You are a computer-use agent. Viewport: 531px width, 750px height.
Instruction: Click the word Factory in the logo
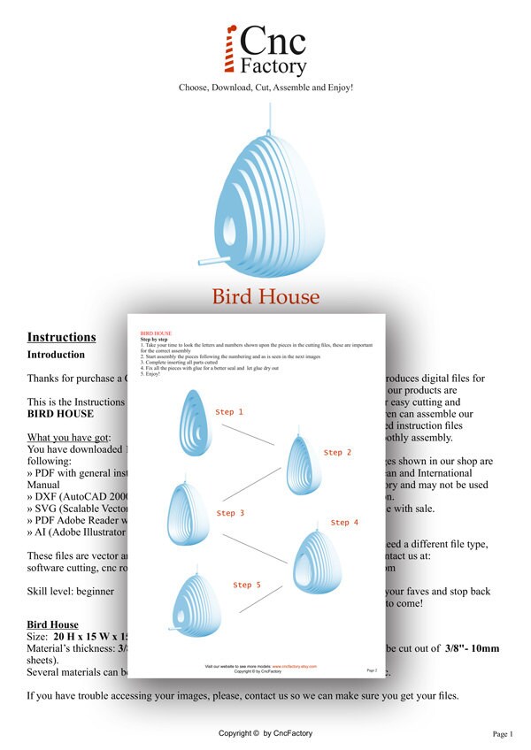(x=273, y=65)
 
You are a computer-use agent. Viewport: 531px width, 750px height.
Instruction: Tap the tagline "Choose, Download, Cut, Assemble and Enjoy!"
(x=265, y=88)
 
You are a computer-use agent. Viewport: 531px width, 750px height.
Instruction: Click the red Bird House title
(x=265, y=295)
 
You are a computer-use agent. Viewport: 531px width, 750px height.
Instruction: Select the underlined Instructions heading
(x=61, y=337)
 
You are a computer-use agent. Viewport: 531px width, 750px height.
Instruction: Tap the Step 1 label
(x=229, y=412)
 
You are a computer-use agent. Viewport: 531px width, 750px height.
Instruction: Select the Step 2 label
(x=338, y=453)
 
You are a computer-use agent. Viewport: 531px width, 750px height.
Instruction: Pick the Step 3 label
(x=230, y=513)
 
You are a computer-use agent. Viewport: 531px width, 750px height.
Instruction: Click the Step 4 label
(x=344, y=523)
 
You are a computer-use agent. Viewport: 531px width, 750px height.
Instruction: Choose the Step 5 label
(x=247, y=585)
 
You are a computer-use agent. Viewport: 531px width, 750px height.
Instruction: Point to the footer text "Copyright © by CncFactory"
(x=265, y=734)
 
